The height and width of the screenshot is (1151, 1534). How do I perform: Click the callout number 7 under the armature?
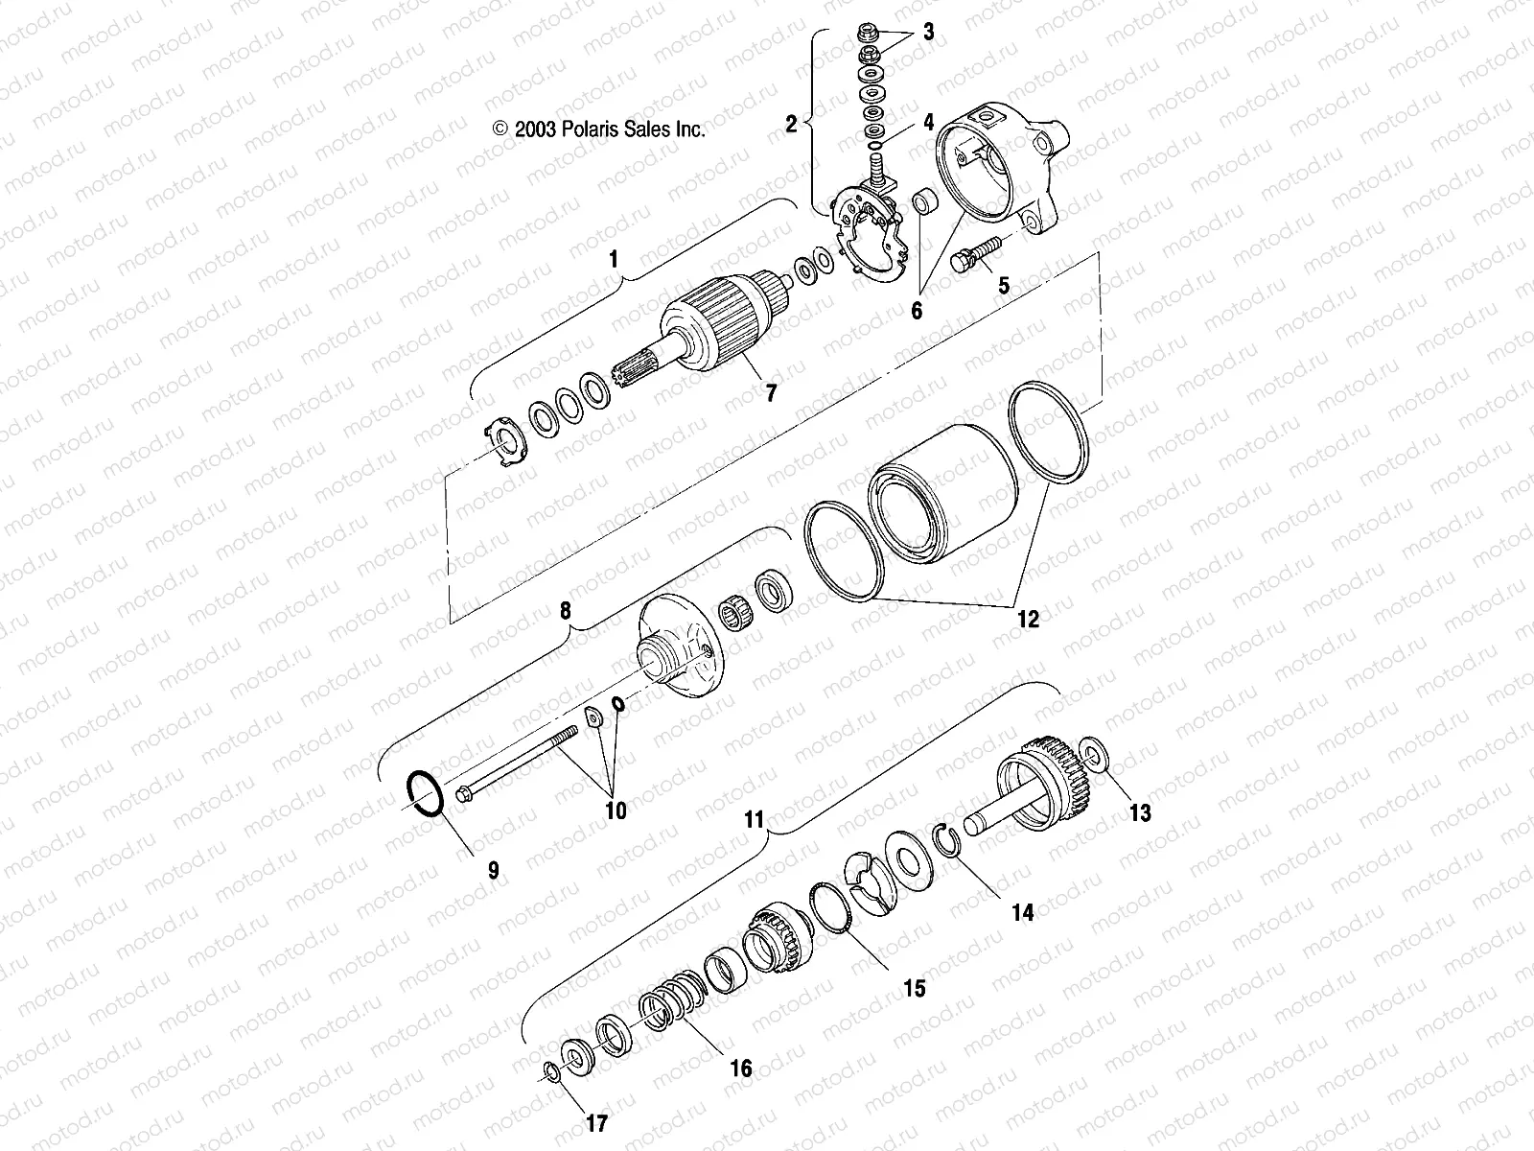(770, 391)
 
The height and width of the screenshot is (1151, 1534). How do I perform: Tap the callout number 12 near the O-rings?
(1027, 619)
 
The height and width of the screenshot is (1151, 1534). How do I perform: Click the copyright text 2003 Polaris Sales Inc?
(599, 129)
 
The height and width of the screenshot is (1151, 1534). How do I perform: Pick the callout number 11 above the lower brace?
(755, 820)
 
